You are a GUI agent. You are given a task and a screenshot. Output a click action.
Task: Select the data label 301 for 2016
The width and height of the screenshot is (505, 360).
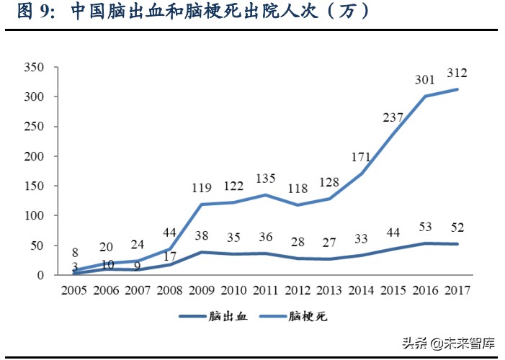point(425,79)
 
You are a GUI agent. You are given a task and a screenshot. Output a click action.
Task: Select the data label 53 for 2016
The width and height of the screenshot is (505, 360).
point(426,228)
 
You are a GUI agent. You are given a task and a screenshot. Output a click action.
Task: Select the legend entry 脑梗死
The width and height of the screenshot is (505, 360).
point(310,316)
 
